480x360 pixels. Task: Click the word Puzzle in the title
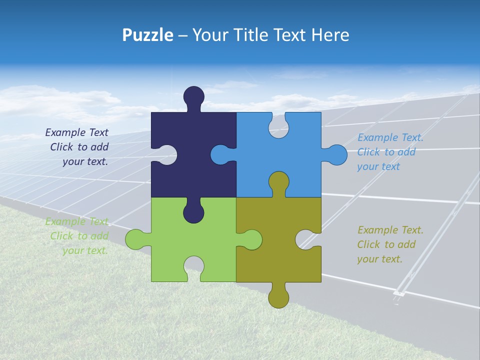(x=147, y=35)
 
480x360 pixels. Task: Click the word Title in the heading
(x=253, y=35)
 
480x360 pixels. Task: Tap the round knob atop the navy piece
(x=194, y=96)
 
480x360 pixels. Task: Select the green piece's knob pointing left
(x=134, y=239)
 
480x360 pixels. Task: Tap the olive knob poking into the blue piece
(x=278, y=181)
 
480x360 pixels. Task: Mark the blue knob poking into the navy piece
(x=220, y=155)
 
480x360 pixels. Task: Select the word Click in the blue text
(x=368, y=152)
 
